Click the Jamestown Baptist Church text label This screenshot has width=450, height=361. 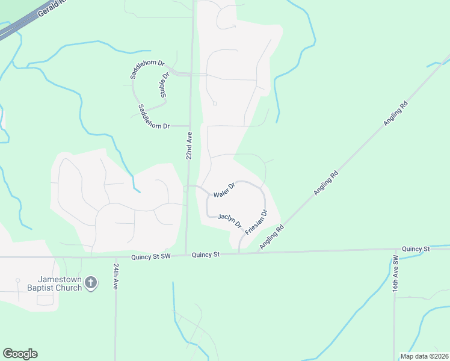tap(58, 283)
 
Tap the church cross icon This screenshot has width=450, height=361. tap(91, 283)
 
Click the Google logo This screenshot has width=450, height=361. tap(20, 354)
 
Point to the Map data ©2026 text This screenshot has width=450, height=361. tap(424, 356)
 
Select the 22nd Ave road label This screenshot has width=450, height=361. tap(189, 146)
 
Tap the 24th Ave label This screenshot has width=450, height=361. tap(115, 275)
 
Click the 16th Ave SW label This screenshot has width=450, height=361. tap(395, 274)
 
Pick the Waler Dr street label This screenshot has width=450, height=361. tap(223, 191)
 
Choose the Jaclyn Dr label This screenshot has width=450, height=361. tap(229, 221)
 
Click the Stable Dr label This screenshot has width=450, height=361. tap(163, 85)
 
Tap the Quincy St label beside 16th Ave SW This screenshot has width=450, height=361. tap(416, 248)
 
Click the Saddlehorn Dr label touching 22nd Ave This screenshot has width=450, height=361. tap(154, 116)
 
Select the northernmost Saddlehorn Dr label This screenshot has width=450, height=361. tap(143, 69)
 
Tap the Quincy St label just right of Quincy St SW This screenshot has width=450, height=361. tap(206, 255)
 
